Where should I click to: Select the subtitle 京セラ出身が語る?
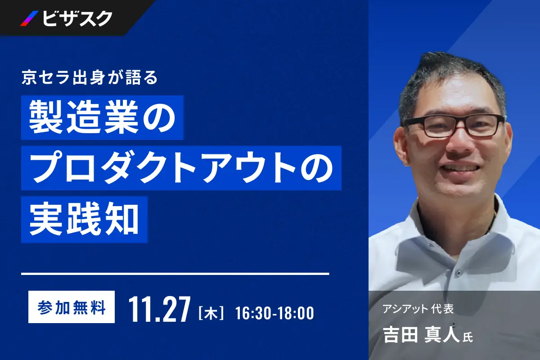(x=90, y=78)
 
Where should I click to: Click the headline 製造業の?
(x=102, y=117)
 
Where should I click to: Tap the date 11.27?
(x=159, y=309)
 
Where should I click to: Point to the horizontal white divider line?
(x=175, y=273)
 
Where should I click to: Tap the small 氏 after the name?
(x=468, y=337)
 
